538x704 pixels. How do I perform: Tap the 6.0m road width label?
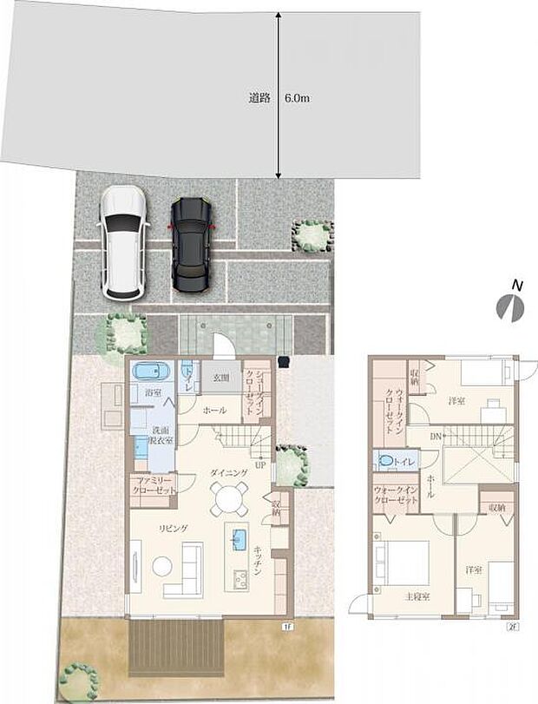298,99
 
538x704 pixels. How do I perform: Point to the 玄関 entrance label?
220,378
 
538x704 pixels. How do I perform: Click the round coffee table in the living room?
163,565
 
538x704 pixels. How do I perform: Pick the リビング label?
174,528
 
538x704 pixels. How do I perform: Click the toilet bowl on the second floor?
384,459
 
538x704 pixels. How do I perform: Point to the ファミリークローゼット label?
153,484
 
